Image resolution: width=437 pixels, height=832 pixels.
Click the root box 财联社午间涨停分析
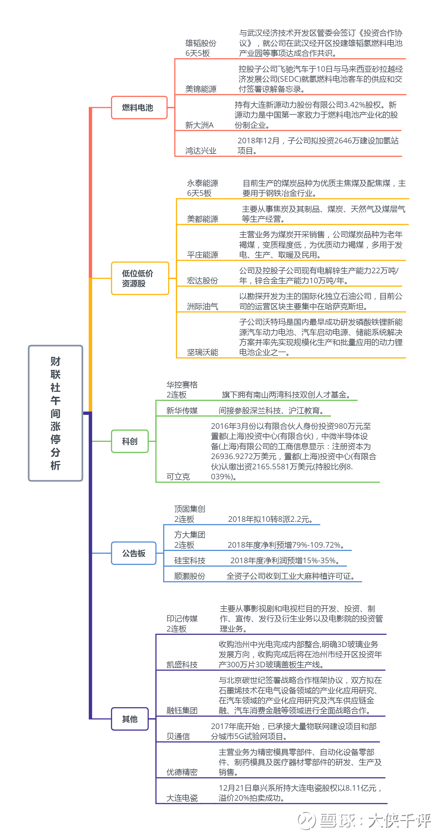pos(56,413)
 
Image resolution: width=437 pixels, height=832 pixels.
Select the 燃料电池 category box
pos(139,107)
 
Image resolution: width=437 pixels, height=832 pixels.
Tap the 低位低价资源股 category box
pos(140,278)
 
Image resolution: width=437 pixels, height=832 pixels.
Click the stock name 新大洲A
pos(199,125)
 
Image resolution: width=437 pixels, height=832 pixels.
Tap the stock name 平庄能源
pos(202,255)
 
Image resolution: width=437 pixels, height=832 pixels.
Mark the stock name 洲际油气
pos(202,307)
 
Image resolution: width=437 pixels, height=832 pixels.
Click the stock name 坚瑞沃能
pos(202,352)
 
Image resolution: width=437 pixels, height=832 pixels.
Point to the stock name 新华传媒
pos(182,410)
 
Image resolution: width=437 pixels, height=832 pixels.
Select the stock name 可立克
pos(178,477)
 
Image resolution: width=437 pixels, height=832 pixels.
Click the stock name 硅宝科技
pos(190,560)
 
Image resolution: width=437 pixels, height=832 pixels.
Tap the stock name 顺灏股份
pos(190,576)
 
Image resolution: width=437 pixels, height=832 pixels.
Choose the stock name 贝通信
pos(178,736)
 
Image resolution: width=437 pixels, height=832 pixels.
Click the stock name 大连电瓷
pos(182,798)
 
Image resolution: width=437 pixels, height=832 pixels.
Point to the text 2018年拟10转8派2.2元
pos(270,519)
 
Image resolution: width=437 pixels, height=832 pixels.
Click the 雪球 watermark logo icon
pos(306,820)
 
